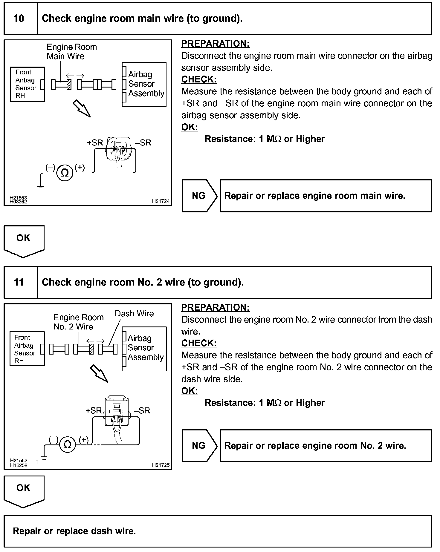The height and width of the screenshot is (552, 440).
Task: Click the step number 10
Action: (x=19, y=19)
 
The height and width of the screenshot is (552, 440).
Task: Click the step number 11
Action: (x=19, y=282)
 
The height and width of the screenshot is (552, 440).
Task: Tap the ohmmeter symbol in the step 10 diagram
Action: (x=65, y=173)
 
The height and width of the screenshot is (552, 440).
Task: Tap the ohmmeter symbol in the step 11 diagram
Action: (x=68, y=445)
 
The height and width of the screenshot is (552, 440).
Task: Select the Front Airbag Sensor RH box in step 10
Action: (x=27, y=84)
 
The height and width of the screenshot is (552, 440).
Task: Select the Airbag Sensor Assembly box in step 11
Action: (x=144, y=349)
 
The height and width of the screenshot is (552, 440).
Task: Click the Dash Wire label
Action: (x=134, y=314)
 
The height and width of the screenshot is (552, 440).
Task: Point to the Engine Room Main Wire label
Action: (x=72, y=52)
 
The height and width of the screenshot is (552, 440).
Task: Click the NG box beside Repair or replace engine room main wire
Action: (x=199, y=196)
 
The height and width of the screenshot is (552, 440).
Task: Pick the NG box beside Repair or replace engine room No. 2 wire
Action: (x=199, y=446)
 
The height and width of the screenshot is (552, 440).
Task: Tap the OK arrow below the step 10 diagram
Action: (x=24, y=240)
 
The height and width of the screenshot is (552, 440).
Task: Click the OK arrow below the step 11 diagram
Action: (x=24, y=490)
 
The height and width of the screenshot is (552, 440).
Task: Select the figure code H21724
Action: (x=161, y=201)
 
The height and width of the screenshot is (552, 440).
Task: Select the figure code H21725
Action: (x=161, y=465)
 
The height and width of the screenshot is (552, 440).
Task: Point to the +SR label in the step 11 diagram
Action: (x=94, y=411)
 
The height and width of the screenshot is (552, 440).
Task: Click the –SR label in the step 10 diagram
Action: (x=143, y=143)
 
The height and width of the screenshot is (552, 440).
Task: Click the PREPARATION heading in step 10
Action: (x=215, y=44)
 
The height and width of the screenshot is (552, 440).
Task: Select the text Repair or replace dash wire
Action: (x=74, y=531)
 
